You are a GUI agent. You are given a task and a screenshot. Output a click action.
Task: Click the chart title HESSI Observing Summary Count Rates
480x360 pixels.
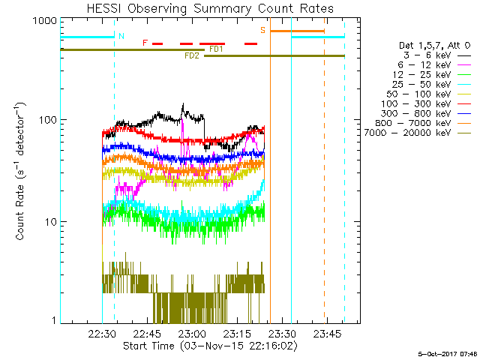click(x=209, y=8)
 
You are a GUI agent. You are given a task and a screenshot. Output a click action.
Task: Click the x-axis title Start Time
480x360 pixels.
click(x=209, y=346)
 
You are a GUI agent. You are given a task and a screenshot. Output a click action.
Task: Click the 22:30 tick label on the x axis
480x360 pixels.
click(x=101, y=334)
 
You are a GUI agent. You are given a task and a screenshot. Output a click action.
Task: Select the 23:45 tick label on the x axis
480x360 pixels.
click(x=328, y=334)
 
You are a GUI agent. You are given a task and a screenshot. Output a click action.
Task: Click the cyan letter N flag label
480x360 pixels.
click(x=121, y=36)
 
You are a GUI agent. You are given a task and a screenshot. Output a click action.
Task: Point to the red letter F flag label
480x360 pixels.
click(x=145, y=43)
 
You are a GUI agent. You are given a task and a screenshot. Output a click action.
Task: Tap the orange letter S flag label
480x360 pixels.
click(x=262, y=30)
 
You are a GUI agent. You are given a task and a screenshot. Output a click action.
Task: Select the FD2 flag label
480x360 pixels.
click(x=191, y=56)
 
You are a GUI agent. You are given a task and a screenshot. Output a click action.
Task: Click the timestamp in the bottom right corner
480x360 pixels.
click(x=447, y=353)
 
